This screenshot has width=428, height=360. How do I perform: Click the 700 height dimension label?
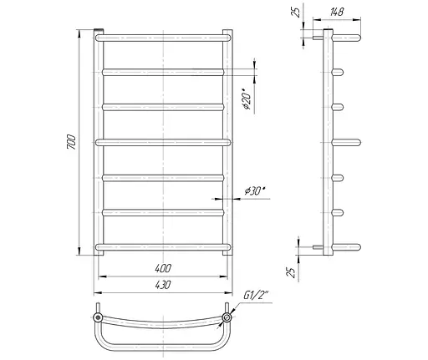tap(71, 142)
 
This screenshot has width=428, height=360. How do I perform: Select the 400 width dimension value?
tap(163, 268)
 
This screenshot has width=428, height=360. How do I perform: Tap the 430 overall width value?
tap(163, 285)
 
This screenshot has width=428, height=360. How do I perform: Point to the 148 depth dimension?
tap(337, 12)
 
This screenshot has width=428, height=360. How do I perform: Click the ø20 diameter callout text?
tap(247, 99)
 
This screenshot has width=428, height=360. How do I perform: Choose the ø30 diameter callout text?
tap(255, 191)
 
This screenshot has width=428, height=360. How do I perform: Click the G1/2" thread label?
tap(256, 295)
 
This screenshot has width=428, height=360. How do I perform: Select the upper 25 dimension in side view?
tap(296, 12)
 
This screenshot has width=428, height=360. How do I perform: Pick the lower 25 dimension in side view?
tap(290, 272)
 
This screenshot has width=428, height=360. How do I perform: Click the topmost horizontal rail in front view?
tap(163, 38)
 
